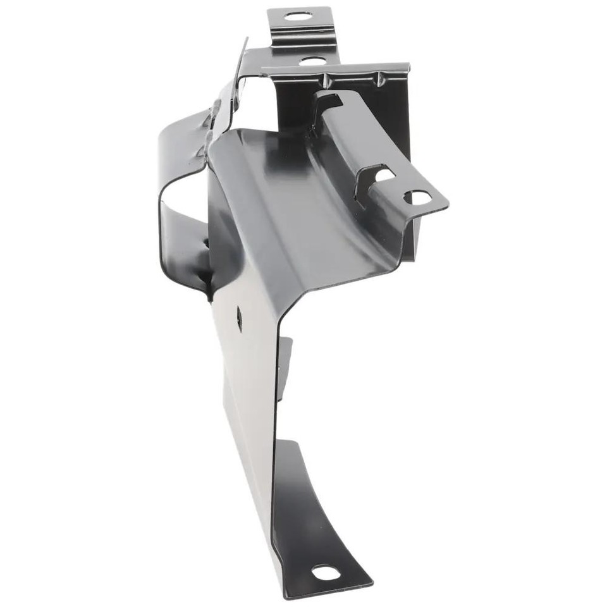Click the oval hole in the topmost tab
coord(294,16)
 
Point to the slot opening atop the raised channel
coord(329,100)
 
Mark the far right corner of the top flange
coord(408,65)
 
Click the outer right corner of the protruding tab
coord(448,204)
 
